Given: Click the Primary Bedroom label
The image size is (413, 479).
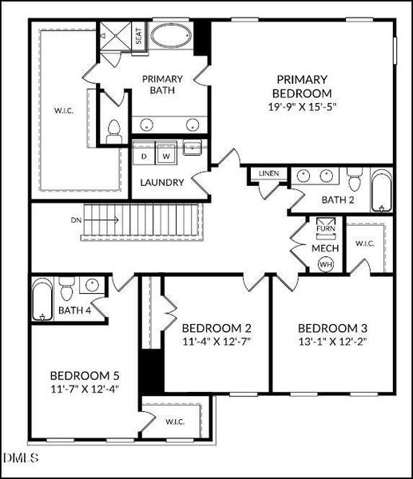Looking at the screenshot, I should pyautogui.click(x=301, y=85).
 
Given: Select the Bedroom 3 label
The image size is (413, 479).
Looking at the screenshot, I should pyautogui.click(x=332, y=328).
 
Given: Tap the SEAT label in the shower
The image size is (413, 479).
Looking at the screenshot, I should pyautogui.click(x=138, y=37).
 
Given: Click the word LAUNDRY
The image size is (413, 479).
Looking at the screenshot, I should pyautogui.click(x=162, y=182).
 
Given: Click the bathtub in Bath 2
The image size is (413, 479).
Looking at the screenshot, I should pyautogui.click(x=383, y=192).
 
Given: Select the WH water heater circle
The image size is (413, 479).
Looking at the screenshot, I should pyautogui.click(x=325, y=264).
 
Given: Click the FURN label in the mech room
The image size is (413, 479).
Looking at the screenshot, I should pyautogui.click(x=325, y=228).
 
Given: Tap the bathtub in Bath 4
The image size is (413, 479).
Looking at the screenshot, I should pyautogui.click(x=42, y=300).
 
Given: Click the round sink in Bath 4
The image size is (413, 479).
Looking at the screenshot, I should pyautogui.click(x=93, y=283).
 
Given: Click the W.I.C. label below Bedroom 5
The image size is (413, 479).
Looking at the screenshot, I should pyautogui.click(x=177, y=421).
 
